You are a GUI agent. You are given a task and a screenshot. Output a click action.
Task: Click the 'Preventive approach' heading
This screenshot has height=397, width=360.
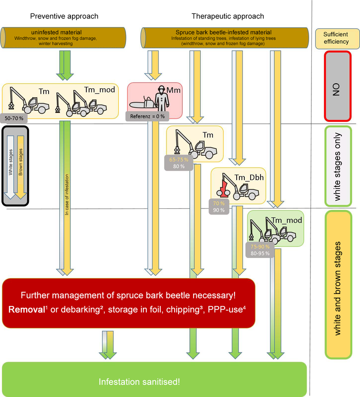point(64,16)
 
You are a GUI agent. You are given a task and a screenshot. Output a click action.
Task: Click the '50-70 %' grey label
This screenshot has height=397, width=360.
point(15,117)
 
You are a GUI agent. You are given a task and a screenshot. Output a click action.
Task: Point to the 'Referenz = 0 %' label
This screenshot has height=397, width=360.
point(146,117)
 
